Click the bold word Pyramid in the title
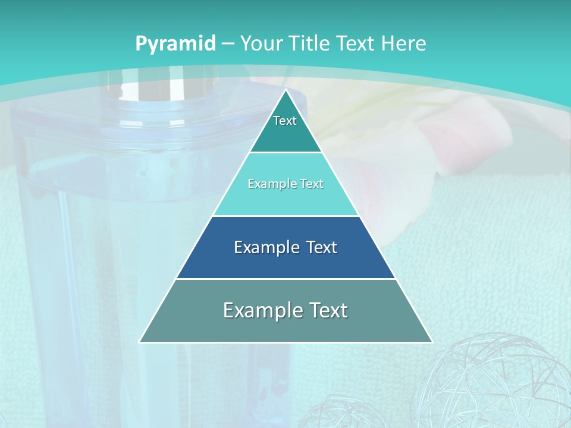pyautogui.click(x=175, y=44)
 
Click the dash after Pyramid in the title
pyautogui.click(x=227, y=44)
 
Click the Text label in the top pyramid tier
pyautogui.click(x=285, y=121)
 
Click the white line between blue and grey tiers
pyautogui.click(x=285, y=279)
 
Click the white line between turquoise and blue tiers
pyautogui.click(x=285, y=216)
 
